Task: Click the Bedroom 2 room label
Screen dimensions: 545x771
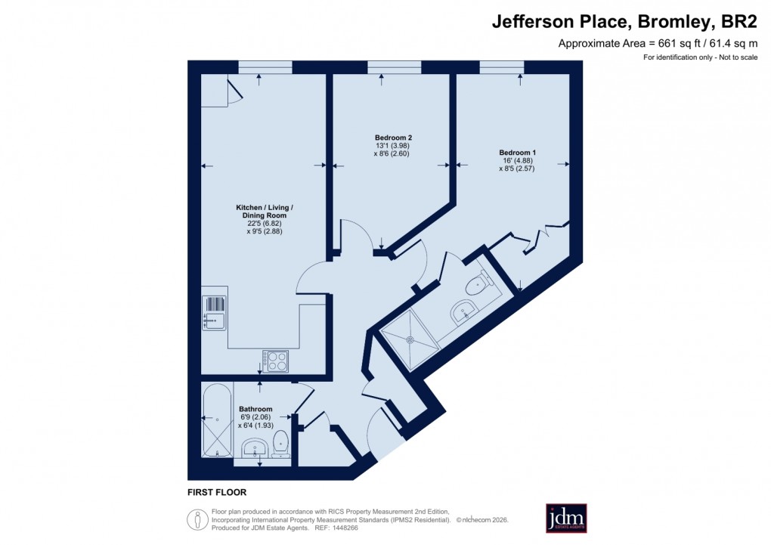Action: [x=393, y=137]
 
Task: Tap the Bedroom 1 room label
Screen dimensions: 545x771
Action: [x=518, y=152]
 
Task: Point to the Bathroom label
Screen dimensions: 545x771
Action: [x=255, y=409]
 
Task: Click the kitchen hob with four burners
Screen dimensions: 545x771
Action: [x=276, y=361]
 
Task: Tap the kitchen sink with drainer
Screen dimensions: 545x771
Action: [x=214, y=313]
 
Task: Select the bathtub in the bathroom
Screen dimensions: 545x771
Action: [x=218, y=420]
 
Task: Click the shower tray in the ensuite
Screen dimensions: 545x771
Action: [x=410, y=340]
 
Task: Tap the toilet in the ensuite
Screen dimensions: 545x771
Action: [x=478, y=284]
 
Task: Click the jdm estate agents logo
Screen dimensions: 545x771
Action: [x=566, y=518]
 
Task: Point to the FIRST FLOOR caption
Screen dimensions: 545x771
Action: [x=217, y=492]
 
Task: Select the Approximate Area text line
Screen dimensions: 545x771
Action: [x=658, y=43]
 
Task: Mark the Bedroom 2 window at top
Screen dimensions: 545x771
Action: [x=394, y=67]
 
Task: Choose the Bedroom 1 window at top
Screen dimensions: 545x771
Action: [x=501, y=67]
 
